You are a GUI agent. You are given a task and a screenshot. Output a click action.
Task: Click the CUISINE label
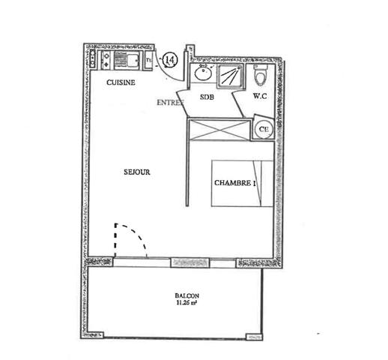coord(121,82)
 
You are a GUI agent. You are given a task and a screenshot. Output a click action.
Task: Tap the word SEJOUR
coord(137,172)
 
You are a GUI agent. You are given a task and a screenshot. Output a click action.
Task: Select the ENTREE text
coord(170,103)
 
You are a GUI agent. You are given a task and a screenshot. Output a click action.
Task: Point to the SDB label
coord(207,97)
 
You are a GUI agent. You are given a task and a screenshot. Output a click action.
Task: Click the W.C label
coord(260,96)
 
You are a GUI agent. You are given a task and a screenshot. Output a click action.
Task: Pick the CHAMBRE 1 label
coord(235,183)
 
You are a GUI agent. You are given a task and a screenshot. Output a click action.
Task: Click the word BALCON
coord(187,295)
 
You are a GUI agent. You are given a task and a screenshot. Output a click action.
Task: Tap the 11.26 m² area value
coord(186,303)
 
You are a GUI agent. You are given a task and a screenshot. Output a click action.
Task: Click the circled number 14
coord(170,60)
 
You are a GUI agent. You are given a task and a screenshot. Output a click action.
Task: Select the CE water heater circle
coord(264,129)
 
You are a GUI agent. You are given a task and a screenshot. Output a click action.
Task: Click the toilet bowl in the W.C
coord(261,74)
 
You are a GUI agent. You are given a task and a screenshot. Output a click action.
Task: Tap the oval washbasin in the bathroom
coord(203,73)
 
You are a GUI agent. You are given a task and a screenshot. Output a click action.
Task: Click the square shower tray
coord(230,76)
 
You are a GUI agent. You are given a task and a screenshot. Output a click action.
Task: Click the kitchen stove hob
coord(106,60)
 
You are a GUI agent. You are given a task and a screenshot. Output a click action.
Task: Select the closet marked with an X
coord(219,130)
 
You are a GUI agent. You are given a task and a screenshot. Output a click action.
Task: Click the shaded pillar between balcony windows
coord(190,262)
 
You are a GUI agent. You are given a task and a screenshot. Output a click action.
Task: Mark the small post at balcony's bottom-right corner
coord(253,337)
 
